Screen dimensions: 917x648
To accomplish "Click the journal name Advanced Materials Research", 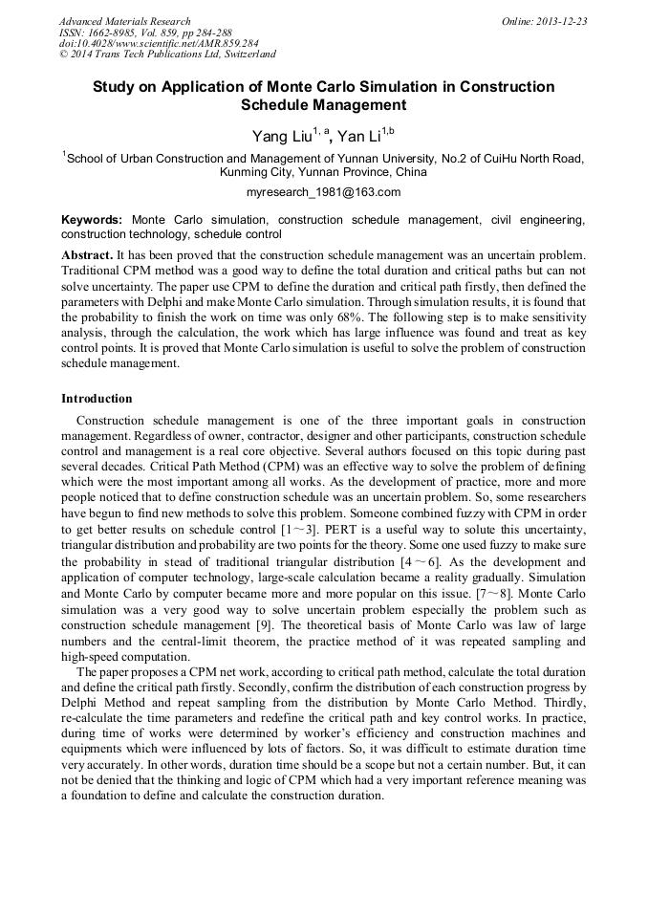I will click(124, 21).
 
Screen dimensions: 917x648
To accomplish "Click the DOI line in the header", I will click(144, 43).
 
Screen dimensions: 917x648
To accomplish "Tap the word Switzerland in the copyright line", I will click(242, 55).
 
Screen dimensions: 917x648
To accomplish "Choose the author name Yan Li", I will click(358, 136).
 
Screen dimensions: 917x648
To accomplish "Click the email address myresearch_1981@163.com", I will click(323, 191).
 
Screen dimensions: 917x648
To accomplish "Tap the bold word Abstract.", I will click(86, 256).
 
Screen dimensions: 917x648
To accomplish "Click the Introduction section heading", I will click(97, 398).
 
